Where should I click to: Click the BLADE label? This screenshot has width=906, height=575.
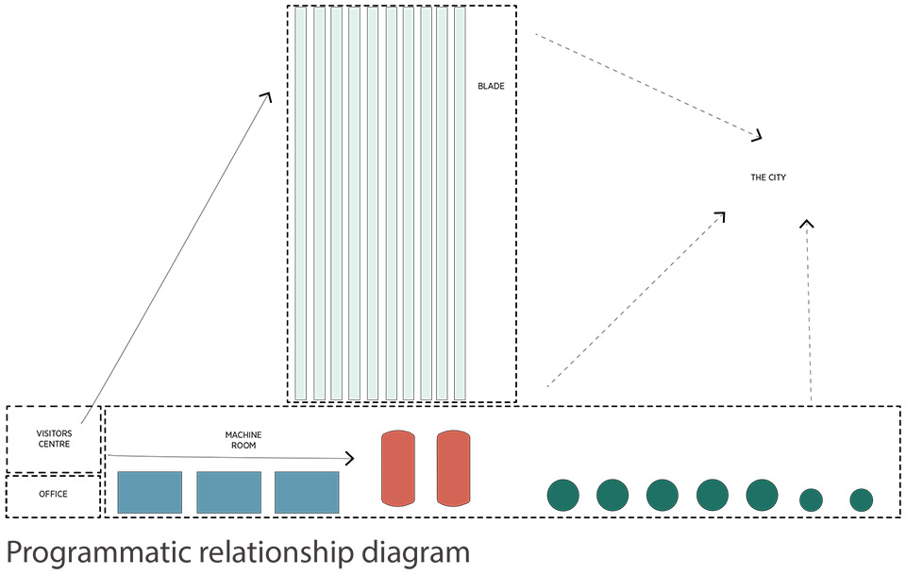(491, 87)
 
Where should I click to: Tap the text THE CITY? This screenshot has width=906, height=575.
(768, 178)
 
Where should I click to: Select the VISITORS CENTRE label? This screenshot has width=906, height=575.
(53, 439)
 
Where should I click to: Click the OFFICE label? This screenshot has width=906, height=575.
(53, 494)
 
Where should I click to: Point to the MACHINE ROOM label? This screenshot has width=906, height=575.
(243, 440)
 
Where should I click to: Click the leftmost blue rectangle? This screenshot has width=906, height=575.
(149, 492)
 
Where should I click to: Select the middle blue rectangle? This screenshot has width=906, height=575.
(228, 492)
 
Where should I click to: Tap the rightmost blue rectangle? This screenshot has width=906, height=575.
(307, 492)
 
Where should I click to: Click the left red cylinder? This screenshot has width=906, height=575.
(397, 468)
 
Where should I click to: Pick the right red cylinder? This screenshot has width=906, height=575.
(453, 468)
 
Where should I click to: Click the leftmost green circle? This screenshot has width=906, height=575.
(563, 496)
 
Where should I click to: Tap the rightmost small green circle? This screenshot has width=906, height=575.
(861, 499)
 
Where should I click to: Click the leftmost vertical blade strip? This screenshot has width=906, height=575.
(301, 203)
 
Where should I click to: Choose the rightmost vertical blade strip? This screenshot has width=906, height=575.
(460, 203)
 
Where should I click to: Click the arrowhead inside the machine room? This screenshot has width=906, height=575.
(349, 458)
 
